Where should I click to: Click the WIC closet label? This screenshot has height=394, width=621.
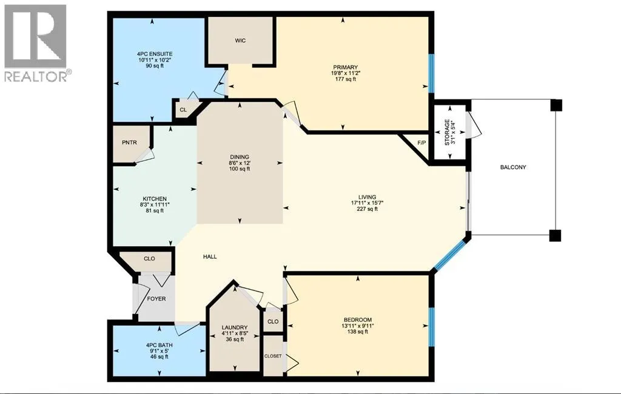pos(240,41)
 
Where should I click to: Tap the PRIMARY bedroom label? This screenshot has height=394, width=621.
pos(345,67)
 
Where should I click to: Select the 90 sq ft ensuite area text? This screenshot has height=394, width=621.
pos(155,65)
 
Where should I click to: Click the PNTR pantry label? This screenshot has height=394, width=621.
pos(129,142)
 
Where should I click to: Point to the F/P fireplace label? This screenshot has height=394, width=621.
pos(421,142)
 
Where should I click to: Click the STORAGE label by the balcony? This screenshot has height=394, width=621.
pos(447,133)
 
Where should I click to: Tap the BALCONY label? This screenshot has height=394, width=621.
pos(513,167)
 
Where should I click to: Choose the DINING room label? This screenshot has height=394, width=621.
pos(239,157)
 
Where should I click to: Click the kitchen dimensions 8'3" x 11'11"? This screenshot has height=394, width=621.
pos(155,205)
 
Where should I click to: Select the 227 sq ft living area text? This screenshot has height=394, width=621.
pos(367,209)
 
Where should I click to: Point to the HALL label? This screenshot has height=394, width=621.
pos(210,256)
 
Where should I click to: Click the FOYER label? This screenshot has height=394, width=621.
pos(156,299)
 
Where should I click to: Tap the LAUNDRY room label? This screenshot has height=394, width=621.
pos(235,327)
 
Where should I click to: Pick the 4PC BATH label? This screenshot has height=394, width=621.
pos(159,346)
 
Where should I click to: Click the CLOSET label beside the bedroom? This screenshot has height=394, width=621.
pos(273,356)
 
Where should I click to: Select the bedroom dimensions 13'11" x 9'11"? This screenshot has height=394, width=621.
pos(358,326)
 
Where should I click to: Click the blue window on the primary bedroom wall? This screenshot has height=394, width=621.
pos(432,74)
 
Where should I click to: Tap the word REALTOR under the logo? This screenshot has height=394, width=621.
pos(35,76)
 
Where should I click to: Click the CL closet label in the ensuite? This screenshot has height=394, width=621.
pos(183,110)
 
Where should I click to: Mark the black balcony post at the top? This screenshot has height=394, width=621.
pos(556,105)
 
